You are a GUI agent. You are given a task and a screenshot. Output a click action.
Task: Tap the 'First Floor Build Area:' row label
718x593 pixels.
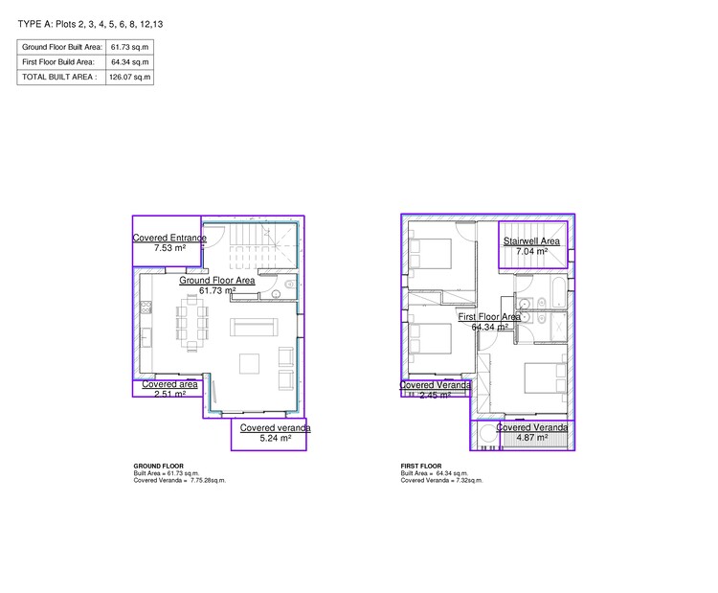(x=60, y=61)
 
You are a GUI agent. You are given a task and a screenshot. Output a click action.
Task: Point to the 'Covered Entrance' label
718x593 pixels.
(x=169, y=237)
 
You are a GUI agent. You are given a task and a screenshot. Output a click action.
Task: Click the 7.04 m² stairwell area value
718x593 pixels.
(x=532, y=252)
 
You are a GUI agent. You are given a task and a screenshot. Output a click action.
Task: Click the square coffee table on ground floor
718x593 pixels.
(x=250, y=363)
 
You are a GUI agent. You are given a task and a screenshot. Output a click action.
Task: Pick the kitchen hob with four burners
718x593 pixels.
(x=146, y=308)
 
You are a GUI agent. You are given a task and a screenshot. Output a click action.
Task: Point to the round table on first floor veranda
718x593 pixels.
(x=489, y=437)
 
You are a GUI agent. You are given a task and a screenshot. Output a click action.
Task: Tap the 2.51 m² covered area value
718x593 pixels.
(x=169, y=393)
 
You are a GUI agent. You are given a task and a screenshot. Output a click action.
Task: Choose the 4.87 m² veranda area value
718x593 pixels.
(x=531, y=438)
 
